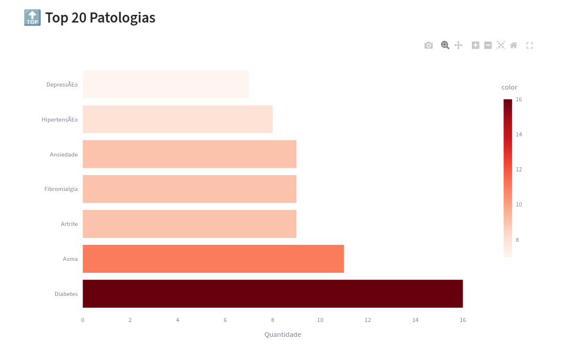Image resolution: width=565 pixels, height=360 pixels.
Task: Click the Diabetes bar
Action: click(272, 294)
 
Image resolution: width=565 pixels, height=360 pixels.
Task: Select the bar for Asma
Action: click(213, 259)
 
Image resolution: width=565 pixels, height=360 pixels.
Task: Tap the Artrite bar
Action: click(189, 224)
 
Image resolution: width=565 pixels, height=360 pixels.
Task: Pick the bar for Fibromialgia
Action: click(189, 189)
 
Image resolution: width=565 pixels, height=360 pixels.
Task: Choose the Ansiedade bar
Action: click(189, 154)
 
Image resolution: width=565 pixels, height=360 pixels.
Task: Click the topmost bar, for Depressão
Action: click(165, 84)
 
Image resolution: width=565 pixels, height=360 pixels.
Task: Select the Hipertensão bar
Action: click(177, 119)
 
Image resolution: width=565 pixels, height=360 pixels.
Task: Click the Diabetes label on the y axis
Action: click(66, 294)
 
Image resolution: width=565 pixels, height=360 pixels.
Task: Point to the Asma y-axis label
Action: click(70, 259)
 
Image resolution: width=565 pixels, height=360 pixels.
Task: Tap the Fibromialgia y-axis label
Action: click(60, 189)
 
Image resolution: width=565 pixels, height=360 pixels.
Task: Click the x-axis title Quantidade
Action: click(282, 334)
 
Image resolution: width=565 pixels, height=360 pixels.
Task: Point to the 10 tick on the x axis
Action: click(320, 320)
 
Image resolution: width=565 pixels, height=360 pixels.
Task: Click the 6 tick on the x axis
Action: click(225, 320)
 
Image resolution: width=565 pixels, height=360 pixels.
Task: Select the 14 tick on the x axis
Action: click(415, 320)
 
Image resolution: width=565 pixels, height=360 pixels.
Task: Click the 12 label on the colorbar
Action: click(519, 170)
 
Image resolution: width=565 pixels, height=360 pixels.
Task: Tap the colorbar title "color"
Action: click(509, 87)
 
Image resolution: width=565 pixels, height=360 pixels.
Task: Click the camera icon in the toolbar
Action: click(429, 46)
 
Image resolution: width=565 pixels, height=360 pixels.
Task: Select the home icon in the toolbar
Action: click(513, 46)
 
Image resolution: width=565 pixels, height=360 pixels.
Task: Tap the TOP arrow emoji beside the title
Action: click(32, 18)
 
